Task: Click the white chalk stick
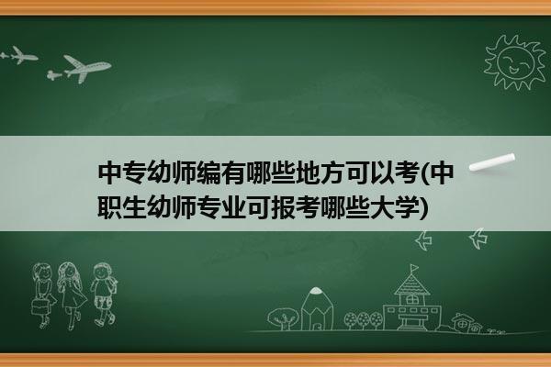(492, 162)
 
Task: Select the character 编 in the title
(209, 172)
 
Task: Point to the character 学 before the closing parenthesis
(409, 207)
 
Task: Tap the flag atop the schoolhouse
(414, 268)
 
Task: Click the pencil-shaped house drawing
(317, 308)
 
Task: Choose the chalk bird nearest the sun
(478, 239)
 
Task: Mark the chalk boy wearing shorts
(103, 294)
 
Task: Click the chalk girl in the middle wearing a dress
(72, 295)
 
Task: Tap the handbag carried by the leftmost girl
(39, 306)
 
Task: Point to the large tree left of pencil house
(283, 318)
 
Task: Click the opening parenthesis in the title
(424, 173)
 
